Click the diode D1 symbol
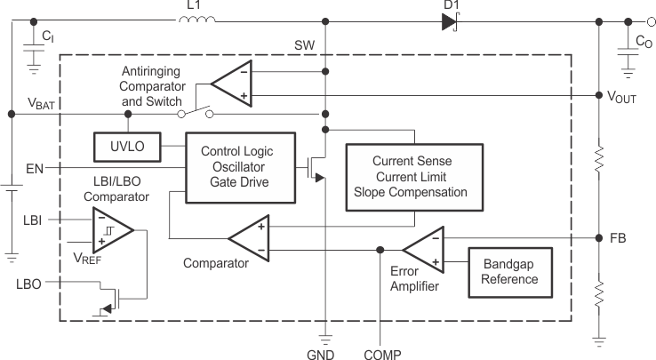click(x=449, y=21)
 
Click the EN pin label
click(x=34, y=167)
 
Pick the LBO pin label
click(x=31, y=283)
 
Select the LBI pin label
click(x=30, y=218)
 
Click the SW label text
click(x=303, y=44)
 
